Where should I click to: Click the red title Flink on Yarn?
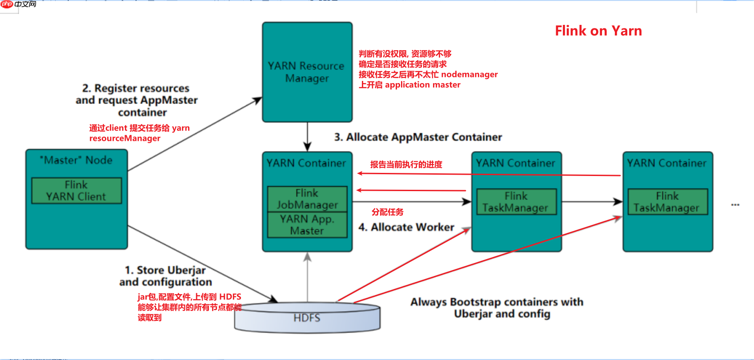[x=598, y=31]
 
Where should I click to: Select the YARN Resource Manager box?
[x=307, y=72]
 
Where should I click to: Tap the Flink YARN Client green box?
[x=76, y=191]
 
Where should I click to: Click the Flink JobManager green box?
[x=307, y=199]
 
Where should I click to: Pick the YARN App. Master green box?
[x=307, y=225]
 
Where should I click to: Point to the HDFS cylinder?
[x=307, y=318]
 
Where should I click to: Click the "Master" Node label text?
[x=76, y=160]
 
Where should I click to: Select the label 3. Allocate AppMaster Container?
[x=418, y=137]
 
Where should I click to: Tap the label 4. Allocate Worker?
[x=406, y=228]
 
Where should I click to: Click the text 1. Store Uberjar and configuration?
[x=165, y=276]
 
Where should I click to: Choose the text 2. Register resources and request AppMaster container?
[x=137, y=100]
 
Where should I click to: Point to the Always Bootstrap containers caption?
[x=497, y=308]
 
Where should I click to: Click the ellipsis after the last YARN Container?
[x=735, y=205]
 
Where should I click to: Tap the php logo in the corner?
[x=7, y=4]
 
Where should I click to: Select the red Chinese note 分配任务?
[x=388, y=212]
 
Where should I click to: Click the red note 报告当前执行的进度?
[x=406, y=164]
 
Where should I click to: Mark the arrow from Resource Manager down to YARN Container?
[x=307, y=137]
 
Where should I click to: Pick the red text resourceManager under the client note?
[x=125, y=138]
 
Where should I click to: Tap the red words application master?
[x=422, y=85]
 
